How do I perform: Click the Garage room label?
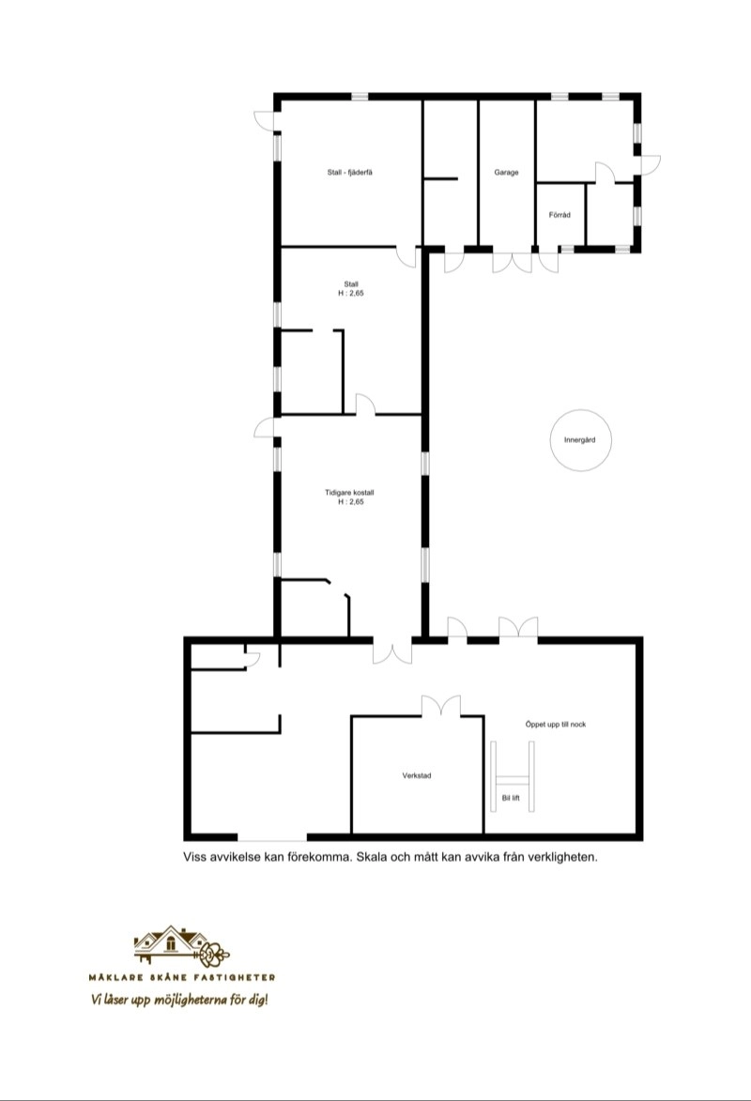pos(506,172)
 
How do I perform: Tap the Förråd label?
pos(559,215)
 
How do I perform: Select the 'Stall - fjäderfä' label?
pos(350,172)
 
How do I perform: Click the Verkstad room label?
pos(417,776)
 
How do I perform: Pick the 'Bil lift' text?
pos(511,799)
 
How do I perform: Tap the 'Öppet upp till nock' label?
pos(555,724)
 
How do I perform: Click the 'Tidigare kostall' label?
pos(350,493)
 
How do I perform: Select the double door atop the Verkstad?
pos(441,706)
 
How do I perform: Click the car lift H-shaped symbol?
pos(513,777)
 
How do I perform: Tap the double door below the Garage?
pos(513,261)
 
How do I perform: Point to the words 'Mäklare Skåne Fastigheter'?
pos(182,977)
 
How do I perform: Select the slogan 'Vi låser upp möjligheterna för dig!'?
pos(180,1000)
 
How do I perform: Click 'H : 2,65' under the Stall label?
pos(351,294)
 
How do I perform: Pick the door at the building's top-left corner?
pos(266,120)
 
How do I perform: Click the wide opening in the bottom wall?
pos(272,837)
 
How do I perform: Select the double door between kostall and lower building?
pos(391,650)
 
